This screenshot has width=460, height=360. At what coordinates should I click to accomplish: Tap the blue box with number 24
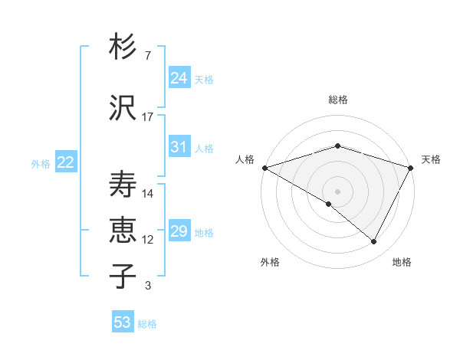click(179, 78)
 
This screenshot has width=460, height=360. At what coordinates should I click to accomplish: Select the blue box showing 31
click(179, 147)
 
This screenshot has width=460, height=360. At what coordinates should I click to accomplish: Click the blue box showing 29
click(179, 231)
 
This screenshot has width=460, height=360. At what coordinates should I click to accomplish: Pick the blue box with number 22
click(66, 162)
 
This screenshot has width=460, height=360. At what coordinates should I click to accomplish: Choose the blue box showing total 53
click(123, 322)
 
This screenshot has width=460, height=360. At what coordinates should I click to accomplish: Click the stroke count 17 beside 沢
click(148, 117)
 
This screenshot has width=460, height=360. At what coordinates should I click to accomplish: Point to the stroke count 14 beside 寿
click(148, 194)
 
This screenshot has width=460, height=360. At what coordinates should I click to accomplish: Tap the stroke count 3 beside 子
click(147, 286)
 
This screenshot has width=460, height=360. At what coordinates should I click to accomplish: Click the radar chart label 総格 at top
click(337, 100)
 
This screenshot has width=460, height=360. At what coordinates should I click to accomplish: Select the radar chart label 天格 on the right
click(431, 159)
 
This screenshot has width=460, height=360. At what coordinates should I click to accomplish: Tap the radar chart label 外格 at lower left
click(270, 262)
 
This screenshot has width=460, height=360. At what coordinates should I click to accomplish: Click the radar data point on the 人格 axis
click(264, 167)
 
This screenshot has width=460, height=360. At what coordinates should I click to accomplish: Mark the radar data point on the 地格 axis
click(374, 241)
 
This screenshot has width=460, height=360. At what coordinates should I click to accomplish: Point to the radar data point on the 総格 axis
click(337, 146)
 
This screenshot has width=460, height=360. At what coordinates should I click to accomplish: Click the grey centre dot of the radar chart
click(337, 191)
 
